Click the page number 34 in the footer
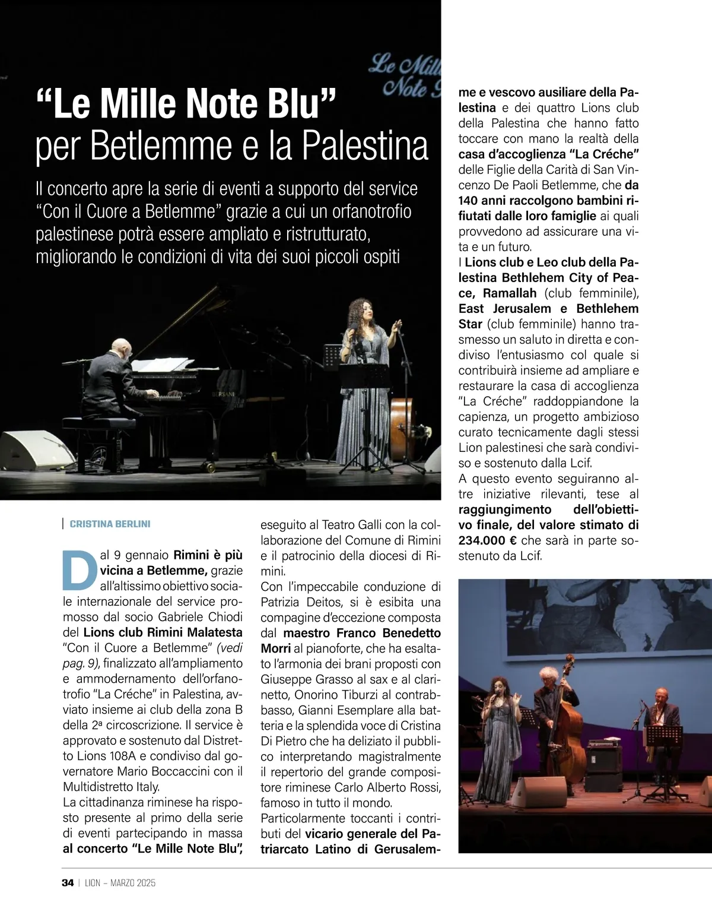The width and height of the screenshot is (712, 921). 68,882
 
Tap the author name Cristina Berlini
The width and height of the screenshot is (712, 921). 110,524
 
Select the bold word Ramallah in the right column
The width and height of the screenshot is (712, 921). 509,293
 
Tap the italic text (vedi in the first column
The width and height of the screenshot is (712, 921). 230,648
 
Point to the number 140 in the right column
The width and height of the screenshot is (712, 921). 469,201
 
